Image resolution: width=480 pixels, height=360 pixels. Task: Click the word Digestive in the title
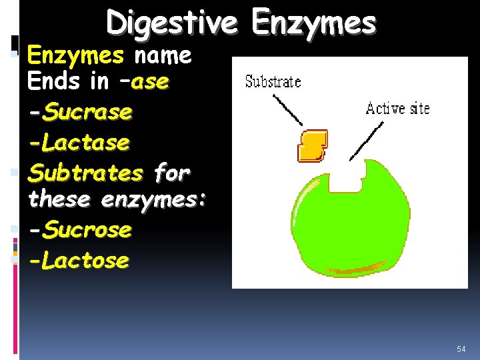[x=171, y=24]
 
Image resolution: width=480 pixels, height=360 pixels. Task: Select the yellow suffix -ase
[x=150, y=82]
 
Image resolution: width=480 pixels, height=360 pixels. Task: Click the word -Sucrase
[x=80, y=112]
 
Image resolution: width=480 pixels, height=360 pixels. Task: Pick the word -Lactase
[x=79, y=142]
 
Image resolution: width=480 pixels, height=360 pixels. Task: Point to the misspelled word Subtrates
[x=85, y=173]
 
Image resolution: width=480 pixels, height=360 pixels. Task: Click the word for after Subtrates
[x=172, y=173]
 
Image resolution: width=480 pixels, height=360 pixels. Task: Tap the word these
[x=60, y=199]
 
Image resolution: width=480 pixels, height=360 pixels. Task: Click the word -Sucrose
[x=80, y=230]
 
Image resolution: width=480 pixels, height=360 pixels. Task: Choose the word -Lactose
[x=79, y=260]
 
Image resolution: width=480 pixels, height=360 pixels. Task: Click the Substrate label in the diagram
[x=273, y=82]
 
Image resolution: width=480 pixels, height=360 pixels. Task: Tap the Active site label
[x=397, y=108]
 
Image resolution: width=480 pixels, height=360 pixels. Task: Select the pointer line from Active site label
[x=365, y=141]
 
